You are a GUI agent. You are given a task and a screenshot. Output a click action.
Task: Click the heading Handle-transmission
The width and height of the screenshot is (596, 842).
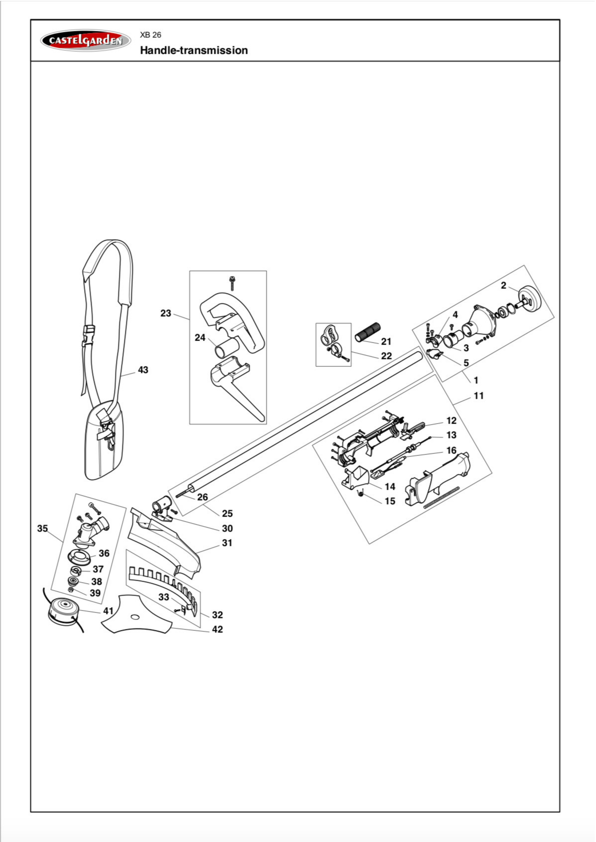[x=194, y=50]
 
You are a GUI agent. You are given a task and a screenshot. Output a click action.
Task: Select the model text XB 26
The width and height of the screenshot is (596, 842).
[x=150, y=35]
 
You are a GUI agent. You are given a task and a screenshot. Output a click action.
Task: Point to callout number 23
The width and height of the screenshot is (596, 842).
[x=166, y=313]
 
